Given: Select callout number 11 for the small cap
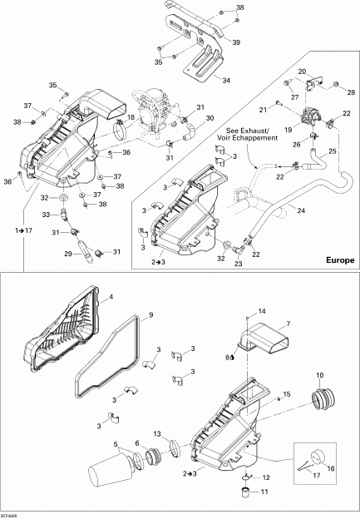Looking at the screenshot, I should pos(266,492).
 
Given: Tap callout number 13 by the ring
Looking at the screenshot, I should pos(157,434).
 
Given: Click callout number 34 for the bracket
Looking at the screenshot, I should pos(225,81).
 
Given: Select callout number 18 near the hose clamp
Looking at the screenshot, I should pos(131,117).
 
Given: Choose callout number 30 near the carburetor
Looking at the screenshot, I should pos(210,118).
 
